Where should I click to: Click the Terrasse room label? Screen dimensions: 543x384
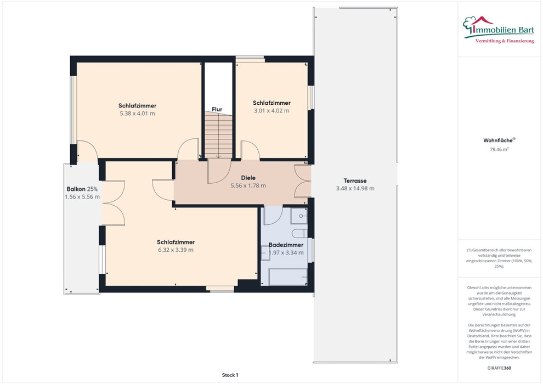355,180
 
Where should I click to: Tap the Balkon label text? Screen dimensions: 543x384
76,189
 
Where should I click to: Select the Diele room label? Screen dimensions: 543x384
248,178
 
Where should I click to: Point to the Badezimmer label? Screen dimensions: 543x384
286,245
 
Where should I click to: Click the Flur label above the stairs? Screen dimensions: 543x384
217,109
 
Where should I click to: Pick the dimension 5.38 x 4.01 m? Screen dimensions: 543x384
138,114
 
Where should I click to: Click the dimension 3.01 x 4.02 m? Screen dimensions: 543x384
271,111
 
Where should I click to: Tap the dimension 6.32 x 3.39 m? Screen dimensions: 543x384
176,250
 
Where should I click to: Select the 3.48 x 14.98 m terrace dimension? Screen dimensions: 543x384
355,188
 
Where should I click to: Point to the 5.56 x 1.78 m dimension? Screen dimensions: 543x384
248,185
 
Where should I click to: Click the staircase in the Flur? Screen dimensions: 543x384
218,135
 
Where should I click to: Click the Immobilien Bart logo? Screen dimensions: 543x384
499,30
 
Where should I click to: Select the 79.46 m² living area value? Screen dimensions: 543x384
499,150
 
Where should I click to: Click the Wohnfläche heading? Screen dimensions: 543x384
498,140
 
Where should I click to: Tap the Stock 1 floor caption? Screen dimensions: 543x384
230,375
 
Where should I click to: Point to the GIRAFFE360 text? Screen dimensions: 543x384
499,368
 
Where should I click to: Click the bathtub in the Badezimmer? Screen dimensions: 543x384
288,276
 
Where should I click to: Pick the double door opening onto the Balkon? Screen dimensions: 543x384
114,204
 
